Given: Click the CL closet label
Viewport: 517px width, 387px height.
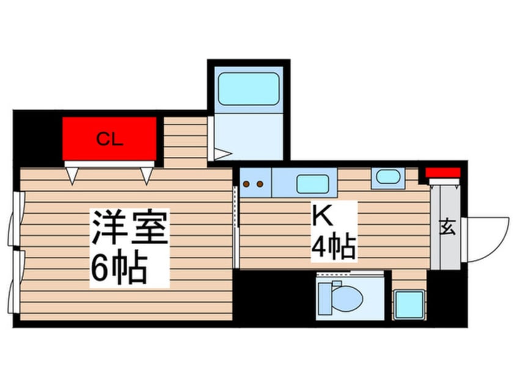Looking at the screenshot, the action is click(109, 139).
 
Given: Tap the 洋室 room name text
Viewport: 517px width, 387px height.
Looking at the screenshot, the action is click(130, 226).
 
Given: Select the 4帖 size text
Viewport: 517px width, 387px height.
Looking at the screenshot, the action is click(333, 246).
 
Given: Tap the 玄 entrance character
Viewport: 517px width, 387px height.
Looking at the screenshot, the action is click(448, 227).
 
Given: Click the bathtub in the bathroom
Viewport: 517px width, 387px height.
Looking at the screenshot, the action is click(249, 89).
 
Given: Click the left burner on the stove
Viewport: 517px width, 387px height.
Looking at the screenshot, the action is click(246, 184).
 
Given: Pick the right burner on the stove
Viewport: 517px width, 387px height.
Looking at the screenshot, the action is click(260, 184).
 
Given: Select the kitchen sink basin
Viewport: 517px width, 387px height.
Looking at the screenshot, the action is click(312, 184).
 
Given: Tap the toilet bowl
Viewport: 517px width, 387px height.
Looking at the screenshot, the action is click(347, 297).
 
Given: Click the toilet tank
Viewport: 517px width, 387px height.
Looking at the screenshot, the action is click(324, 299).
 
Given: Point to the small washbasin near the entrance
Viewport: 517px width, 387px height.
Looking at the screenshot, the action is click(388, 176).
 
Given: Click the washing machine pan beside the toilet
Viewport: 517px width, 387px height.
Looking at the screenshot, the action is click(409, 305).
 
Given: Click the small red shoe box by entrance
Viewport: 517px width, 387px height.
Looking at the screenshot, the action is click(442, 173).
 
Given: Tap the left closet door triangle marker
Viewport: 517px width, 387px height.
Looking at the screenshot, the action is click(73, 176).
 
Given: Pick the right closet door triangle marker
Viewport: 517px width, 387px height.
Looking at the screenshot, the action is click(147, 176).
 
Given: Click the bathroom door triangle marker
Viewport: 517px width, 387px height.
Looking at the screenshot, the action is click(223, 153).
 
